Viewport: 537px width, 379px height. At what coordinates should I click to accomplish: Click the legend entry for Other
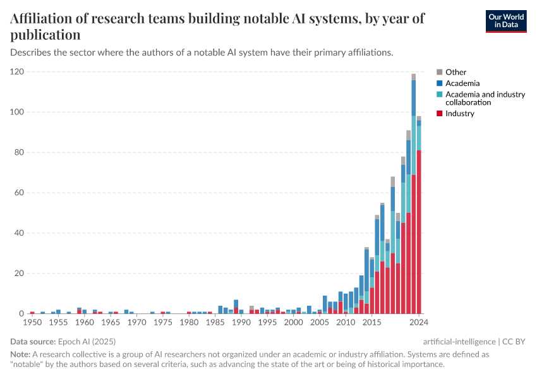(x=456, y=72)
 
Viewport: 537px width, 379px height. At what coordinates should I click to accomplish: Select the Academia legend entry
(x=462, y=83)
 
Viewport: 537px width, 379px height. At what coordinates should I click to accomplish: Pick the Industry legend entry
(x=459, y=114)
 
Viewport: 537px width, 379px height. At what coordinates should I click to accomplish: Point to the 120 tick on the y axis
(x=17, y=72)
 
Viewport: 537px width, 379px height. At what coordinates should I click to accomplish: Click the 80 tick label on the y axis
(x=19, y=152)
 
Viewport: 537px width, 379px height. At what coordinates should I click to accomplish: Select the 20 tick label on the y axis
(x=19, y=274)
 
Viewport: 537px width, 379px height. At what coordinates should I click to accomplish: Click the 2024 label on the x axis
(x=418, y=323)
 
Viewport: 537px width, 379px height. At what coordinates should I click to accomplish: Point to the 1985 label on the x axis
(x=215, y=323)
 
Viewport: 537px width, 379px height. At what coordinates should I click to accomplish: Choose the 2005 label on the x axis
(x=320, y=323)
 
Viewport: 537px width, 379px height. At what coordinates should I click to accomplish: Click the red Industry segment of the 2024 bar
(x=418, y=234)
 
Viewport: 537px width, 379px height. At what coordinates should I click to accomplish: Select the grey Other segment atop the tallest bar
(x=414, y=77)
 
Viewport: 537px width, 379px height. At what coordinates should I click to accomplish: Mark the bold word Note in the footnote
(x=20, y=355)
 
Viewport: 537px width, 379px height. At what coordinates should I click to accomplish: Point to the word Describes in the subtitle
(x=32, y=52)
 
